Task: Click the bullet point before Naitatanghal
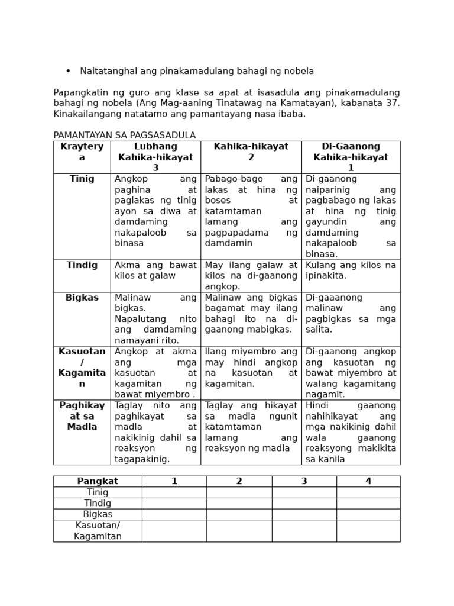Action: [x=68, y=71]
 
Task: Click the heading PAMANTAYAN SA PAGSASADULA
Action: [x=124, y=136]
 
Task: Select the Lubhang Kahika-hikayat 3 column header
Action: [x=155, y=157]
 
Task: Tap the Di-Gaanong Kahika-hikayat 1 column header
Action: [x=351, y=157]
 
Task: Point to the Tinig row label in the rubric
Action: [x=82, y=179]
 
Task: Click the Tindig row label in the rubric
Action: [x=82, y=265]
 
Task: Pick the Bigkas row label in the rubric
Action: [x=82, y=298]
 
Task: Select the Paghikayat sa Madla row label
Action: [x=82, y=416]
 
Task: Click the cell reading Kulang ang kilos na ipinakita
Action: [x=351, y=270]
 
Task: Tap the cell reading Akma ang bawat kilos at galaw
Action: [x=155, y=270]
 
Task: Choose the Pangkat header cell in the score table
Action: [x=98, y=481]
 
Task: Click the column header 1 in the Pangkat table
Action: [x=174, y=481]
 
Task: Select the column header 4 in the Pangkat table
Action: [x=368, y=481]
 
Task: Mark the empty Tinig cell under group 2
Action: [x=239, y=492]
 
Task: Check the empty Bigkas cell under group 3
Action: [x=304, y=514]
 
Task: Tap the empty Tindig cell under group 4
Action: [x=368, y=503]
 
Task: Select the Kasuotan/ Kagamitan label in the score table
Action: [x=98, y=531]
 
